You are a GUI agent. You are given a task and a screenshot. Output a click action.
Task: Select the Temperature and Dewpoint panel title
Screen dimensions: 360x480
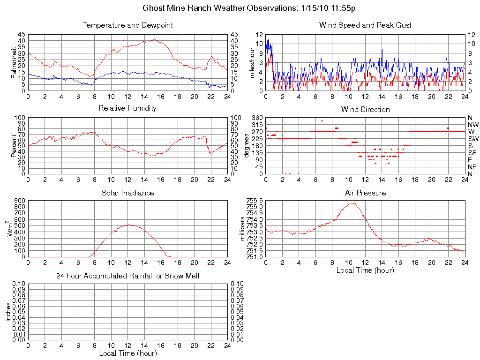127,25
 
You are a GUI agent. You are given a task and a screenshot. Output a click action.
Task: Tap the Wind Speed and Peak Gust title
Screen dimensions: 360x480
365,25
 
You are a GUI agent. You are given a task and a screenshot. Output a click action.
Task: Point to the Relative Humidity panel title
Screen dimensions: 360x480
127,108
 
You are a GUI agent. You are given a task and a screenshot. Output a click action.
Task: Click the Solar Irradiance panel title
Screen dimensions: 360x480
127,193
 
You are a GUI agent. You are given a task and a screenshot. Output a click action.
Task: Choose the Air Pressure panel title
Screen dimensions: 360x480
365,193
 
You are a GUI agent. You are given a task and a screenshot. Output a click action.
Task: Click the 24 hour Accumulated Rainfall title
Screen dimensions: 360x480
127,276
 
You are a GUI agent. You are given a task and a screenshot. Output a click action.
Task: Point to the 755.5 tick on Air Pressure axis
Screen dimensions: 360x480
255,200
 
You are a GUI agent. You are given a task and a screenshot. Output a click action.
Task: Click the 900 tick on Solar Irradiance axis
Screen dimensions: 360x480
20,200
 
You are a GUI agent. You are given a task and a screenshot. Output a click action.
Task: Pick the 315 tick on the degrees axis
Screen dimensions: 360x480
256,125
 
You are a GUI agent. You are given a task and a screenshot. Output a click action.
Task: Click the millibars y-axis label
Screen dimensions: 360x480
243,229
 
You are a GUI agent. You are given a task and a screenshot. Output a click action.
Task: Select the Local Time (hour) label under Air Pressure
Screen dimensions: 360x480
365,270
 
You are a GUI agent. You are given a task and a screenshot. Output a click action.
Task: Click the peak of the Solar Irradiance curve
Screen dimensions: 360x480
128,225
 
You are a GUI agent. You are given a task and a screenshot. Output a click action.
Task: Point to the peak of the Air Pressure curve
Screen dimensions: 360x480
351,203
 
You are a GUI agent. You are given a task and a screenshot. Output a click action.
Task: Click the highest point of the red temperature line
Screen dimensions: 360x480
154,39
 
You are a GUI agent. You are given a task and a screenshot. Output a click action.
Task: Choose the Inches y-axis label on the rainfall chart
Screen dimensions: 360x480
8,312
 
